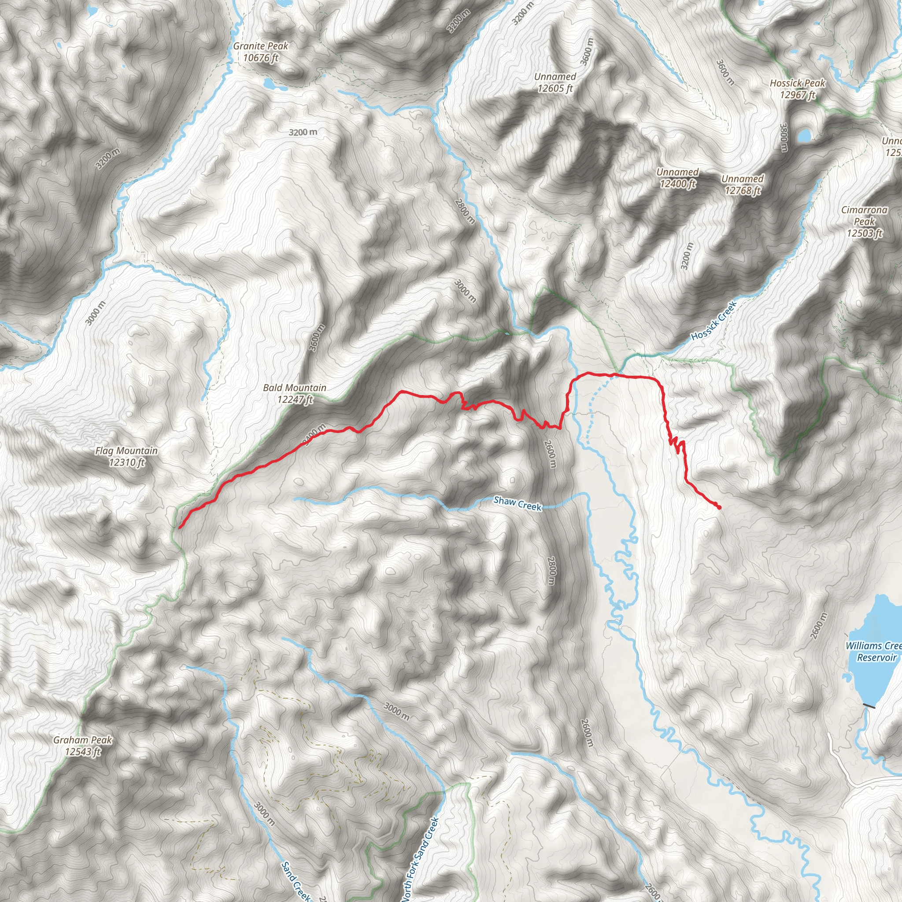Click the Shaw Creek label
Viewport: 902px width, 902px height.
click(x=518, y=503)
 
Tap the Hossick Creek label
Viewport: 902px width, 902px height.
click(x=714, y=320)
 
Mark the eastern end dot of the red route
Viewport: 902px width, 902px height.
click(x=719, y=507)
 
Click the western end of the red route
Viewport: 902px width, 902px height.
click(x=180, y=528)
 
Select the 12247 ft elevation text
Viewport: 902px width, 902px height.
click(x=295, y=399)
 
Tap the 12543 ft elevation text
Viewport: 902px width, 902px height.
click(x=83, y=752)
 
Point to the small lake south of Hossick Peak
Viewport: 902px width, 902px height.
click(x=804, y=136)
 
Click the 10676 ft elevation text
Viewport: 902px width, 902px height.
click(x=261, y=58)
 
